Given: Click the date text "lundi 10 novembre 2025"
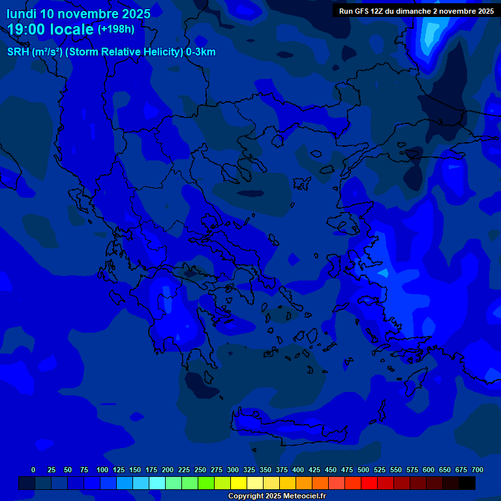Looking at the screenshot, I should (x=78, y=14).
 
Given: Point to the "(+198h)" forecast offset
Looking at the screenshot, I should (x=116, y=29).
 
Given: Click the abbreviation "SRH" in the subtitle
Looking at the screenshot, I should (x=18, y=52).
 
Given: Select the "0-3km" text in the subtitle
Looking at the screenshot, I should (x=201, y=52).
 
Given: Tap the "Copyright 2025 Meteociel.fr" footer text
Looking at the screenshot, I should (x=277, y=496).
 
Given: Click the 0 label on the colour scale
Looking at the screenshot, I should (x=33, y=470).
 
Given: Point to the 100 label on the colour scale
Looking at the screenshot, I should (x=102, y=470).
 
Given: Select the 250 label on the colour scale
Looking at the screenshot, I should (x=200, y=470).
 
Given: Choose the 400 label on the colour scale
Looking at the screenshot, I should (x=298, y=470).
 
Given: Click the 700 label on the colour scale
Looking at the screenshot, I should (x=478, y=470).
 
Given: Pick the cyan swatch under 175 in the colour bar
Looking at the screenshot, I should (x=157, y=483).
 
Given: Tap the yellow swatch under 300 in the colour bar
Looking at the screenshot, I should (x=238, y=483).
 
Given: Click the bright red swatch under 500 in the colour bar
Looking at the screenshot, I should (x=369, y=483).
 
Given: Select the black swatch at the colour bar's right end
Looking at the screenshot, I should (x=466, y=483).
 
